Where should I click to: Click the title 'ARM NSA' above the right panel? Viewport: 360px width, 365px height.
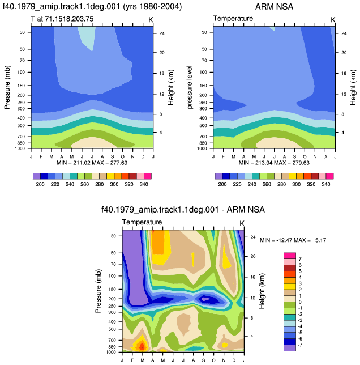coord(274,7)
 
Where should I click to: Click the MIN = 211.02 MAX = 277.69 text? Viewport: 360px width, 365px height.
coord(92,163)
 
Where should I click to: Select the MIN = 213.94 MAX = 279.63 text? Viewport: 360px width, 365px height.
coord(274,163)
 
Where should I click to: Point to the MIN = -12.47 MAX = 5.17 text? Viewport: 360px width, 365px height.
coord(293,240)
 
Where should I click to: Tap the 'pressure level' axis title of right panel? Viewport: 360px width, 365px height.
coord(190,87)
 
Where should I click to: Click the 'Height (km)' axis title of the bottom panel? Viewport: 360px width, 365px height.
coord(262,291)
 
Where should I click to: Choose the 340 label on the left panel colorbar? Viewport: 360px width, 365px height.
coord(144,184)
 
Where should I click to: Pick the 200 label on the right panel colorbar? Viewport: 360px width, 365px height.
coord(222,184)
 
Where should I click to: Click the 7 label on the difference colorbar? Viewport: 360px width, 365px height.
coord(300,259)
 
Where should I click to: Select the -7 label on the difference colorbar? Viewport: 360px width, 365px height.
coord(300,345)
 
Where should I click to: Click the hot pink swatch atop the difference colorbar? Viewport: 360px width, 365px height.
coord(290,256)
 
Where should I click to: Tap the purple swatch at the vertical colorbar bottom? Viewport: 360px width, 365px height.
coord(290,348)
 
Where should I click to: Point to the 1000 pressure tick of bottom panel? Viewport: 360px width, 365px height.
coord(111,352)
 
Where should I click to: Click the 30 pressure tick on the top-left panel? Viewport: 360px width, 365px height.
coord(22,32)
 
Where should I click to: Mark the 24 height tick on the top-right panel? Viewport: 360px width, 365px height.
coord(344,33)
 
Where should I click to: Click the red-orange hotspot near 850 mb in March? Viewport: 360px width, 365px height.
coord(142,347)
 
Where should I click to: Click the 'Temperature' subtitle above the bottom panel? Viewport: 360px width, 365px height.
coord(142,222)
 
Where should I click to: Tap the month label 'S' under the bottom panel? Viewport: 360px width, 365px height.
coord(203,360)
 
